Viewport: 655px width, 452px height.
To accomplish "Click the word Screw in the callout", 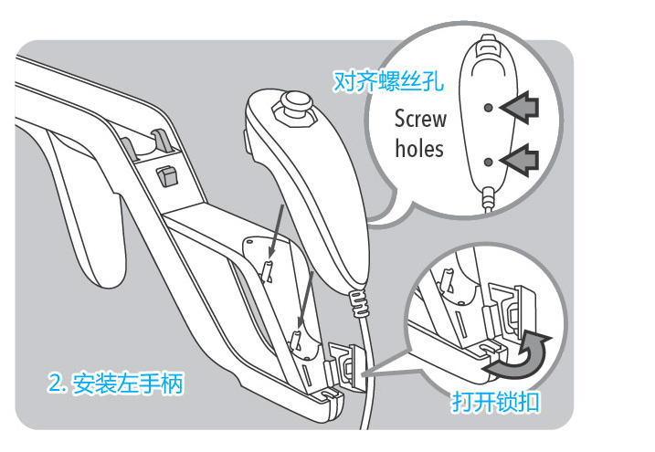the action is click(420, 119).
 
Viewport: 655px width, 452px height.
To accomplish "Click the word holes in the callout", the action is click(419, 148).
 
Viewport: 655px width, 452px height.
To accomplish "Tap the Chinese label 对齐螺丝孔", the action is click(388, 82).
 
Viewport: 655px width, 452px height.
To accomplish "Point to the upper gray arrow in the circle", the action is click(520, 109).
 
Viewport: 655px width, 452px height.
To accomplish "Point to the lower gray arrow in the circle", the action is click(520, 162).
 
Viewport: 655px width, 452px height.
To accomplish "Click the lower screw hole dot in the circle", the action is click(490, 162).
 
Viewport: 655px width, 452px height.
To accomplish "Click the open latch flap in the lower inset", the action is click(514, 310).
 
